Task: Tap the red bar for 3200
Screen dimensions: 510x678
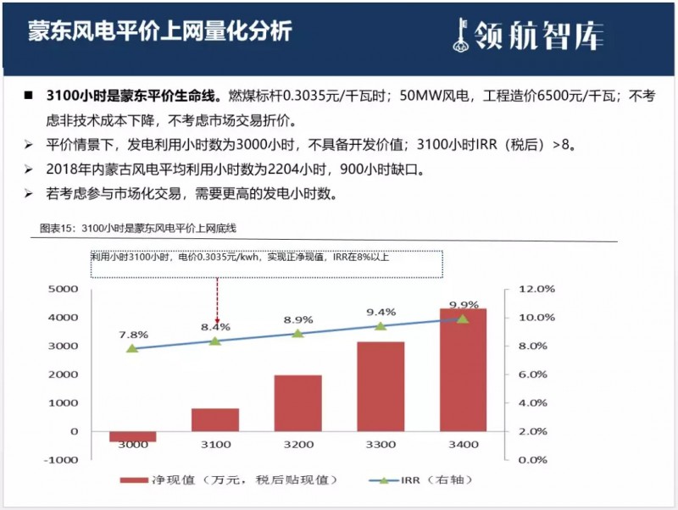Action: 297,403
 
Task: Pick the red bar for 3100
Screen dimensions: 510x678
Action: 215,419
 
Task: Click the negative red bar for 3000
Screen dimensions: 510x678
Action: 133,436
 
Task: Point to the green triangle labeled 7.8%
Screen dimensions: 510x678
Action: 132,348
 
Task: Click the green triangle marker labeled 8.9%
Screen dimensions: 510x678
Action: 297,333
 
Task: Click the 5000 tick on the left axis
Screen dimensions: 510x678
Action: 62,289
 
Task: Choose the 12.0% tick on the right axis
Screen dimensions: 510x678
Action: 537,289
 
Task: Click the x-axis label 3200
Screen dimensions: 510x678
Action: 297,445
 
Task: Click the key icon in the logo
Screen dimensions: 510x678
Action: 461,32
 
